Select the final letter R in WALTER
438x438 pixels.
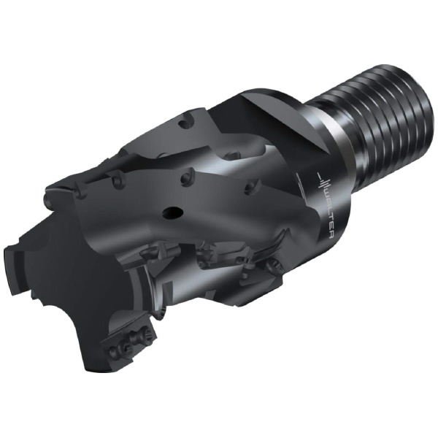[332, 235]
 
